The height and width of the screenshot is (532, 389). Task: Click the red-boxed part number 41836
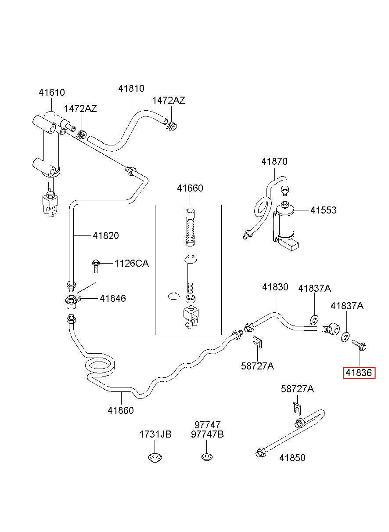[359, 373]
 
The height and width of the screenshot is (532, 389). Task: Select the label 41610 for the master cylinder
[52, 92]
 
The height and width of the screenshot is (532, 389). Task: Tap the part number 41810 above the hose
[131, 88]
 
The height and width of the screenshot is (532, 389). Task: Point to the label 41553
[323, 210]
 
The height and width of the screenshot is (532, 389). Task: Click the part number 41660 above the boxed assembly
[190, 188]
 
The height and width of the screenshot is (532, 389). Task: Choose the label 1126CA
[131, 263]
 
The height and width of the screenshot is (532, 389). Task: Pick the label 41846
[113, 298]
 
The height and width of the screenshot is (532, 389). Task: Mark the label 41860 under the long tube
[121, 410]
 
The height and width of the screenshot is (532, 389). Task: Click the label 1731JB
[155, 434]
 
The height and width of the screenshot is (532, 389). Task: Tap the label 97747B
[207, 434]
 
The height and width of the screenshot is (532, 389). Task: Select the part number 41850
[292, 458]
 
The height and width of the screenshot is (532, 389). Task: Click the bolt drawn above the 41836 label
[359, 345]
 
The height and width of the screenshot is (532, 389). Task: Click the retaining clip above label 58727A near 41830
[257, 342]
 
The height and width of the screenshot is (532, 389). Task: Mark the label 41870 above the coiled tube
[274, 161]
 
